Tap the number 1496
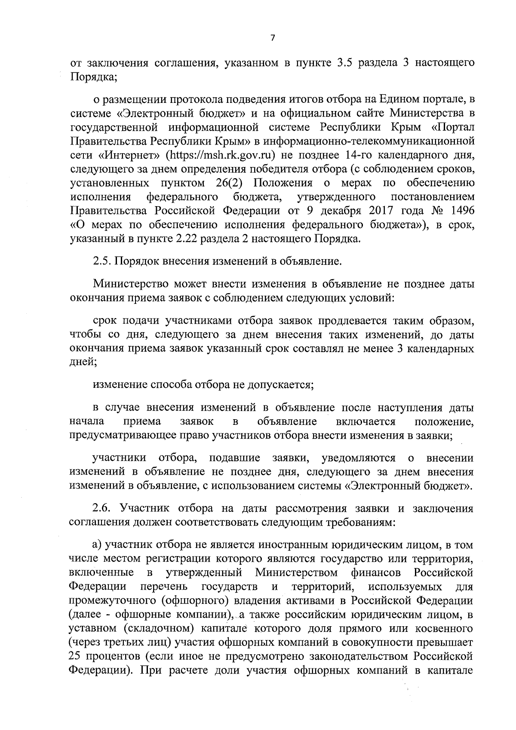coord(460,210)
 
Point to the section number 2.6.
coord(103,509)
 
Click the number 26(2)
coord(229,183)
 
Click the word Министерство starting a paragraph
coord(130,284)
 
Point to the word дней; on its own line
coord(83,362)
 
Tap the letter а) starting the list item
coord(98,545)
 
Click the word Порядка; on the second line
coord(91,77)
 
